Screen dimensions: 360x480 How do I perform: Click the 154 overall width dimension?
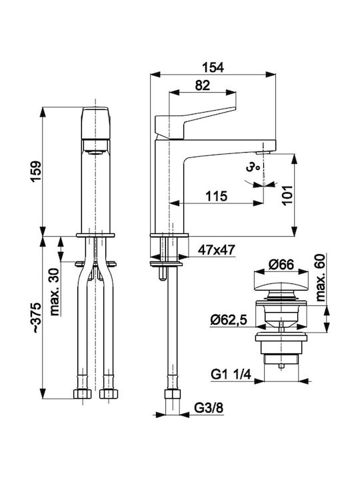(213, 67)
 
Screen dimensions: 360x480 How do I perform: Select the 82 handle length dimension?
(203, 85)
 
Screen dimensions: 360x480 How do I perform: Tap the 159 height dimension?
(37, 171)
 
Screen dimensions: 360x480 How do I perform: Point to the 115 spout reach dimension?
(216, 196)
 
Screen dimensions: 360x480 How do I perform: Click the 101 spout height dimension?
(288, 195)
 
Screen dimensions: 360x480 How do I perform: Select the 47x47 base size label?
(217, 250)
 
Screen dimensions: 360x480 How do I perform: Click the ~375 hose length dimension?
(37, 317)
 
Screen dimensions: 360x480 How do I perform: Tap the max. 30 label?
(55, 292)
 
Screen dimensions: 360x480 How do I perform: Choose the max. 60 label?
(320, 277)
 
